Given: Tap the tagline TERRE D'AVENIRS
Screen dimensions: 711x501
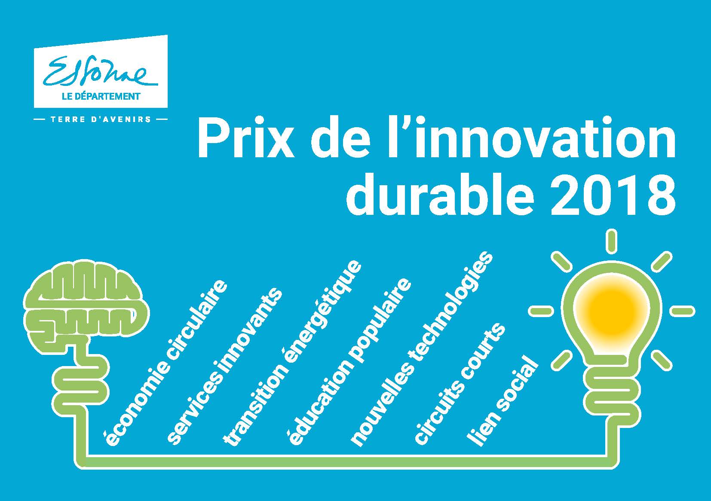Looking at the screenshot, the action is pyautogui.click(x=101, y=119).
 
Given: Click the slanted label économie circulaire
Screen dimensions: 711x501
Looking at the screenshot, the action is pyautogui.click(x=164, y=362).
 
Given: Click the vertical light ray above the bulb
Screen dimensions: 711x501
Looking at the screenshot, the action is pyautogui.click(x=611, y=241).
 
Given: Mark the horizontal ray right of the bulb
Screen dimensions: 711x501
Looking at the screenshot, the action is pyautogui.click(x=682, y=311).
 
